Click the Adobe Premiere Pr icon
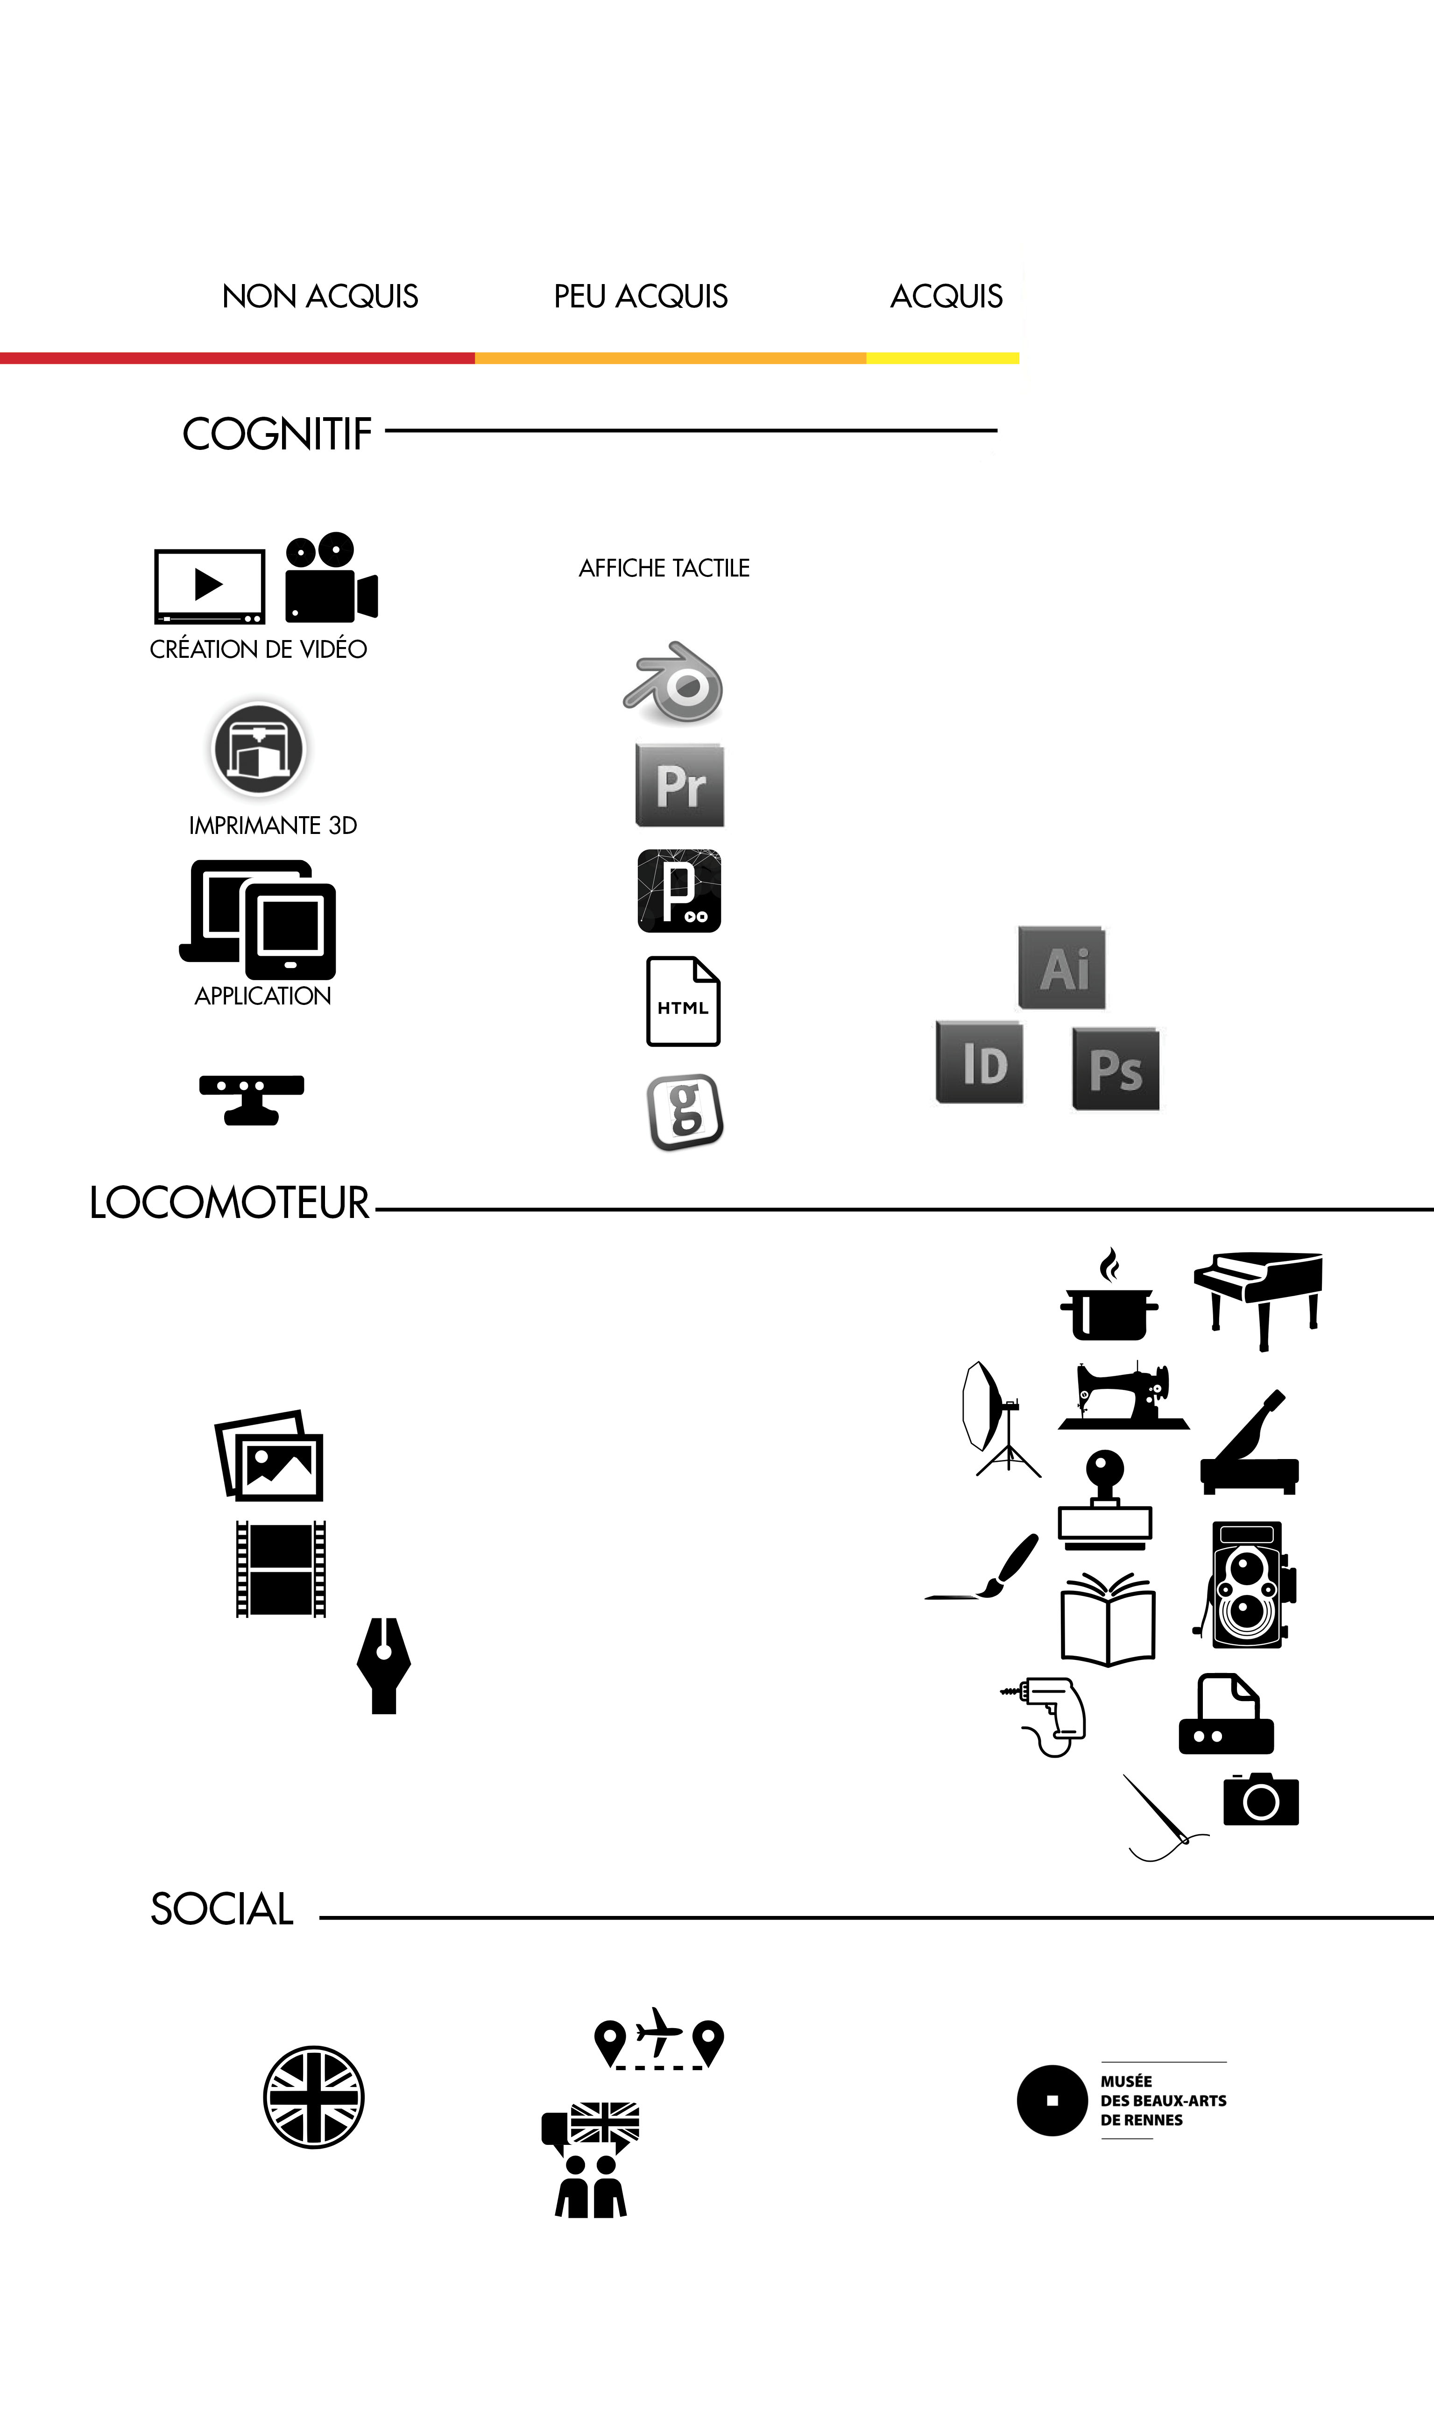coord(679,785)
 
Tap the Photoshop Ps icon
coord(1115,1069)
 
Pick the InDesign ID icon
coord(979,1062)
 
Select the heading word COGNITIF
coord(277,434)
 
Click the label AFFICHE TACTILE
coord(664,568)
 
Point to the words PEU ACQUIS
coord(641,296)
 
